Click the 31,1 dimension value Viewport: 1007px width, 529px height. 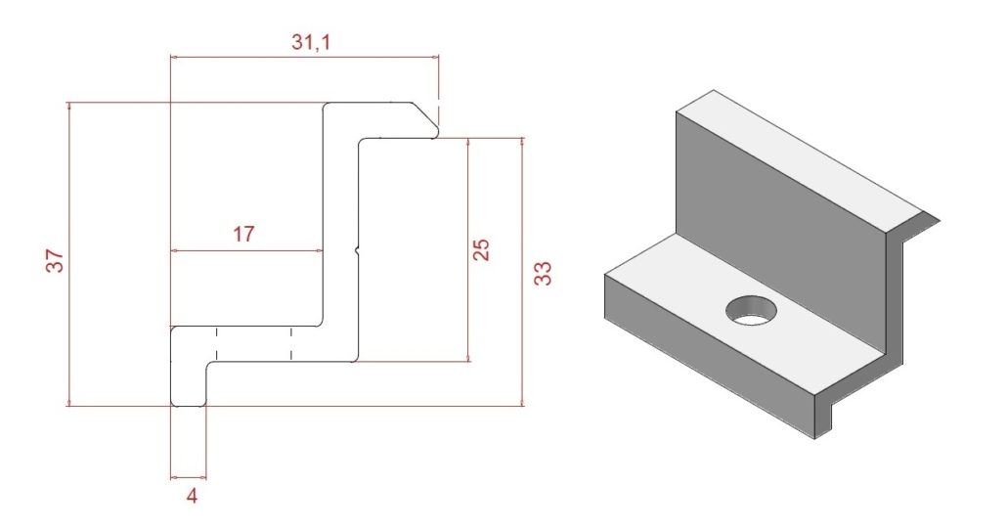(312, 42)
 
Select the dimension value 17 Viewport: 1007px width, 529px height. (243, 235)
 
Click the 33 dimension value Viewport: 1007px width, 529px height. (543, 273)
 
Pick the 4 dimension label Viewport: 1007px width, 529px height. (192, 496)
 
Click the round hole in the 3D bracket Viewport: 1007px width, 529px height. (751, 309)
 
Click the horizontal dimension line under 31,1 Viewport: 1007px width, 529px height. (304, 58)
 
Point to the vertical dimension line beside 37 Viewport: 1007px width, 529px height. (68, 254)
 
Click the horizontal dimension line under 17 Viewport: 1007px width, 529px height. (246, 251)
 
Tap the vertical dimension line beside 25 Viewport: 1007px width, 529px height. (469, 249)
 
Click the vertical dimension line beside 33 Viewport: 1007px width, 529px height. (522, 272)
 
